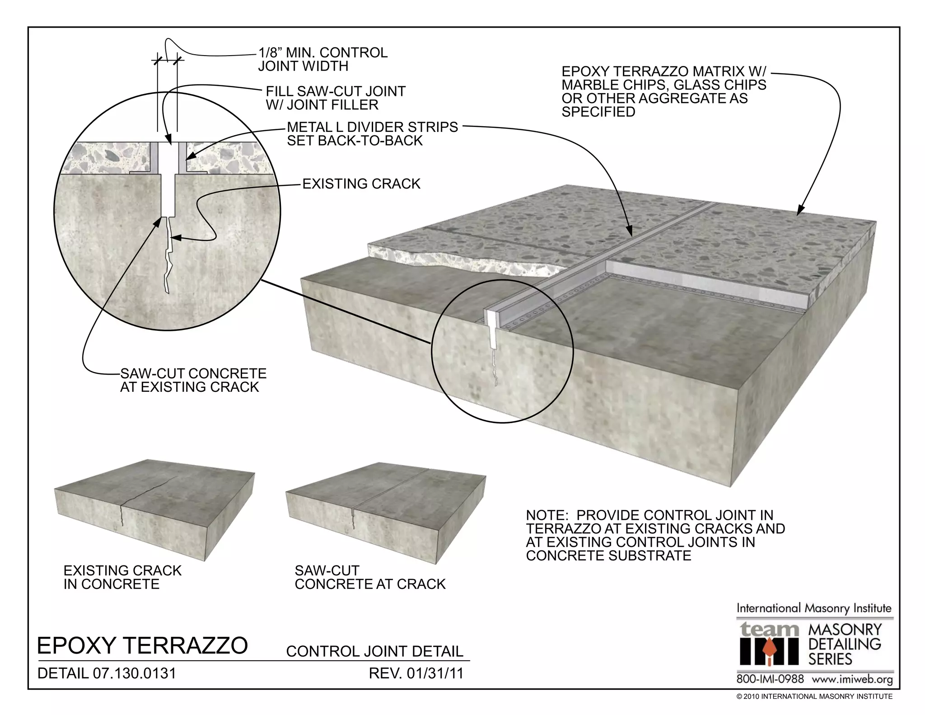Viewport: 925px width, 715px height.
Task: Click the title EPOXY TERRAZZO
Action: (142, 645)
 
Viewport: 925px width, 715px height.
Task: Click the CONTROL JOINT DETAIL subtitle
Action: (375, 651)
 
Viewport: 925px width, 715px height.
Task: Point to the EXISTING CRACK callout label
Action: (361, 184)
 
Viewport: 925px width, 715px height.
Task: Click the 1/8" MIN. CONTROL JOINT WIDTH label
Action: (322, 59)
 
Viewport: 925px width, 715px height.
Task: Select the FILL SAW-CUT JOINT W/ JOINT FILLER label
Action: (335, 98)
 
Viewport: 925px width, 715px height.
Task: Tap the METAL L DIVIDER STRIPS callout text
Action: (372, 134)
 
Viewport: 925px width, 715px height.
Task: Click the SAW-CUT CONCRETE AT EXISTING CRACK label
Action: (193, 380)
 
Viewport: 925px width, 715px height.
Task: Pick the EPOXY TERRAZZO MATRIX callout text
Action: (663, 92)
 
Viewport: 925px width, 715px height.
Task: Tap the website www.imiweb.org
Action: (852, 679)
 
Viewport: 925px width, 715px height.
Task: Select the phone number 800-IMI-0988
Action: (770, 679)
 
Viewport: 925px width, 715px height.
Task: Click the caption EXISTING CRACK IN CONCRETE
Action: (122, 577)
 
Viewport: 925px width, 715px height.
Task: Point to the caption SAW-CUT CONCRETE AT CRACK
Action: (370, 577)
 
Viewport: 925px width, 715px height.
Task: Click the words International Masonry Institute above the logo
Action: (814, 608)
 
